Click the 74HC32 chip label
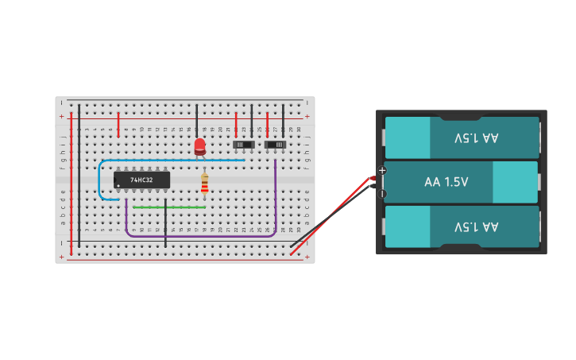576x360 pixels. pyautogui.click(x=141, y=180)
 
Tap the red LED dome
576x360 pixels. pyautogui.click(x=199, y=145)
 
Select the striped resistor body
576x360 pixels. pyautogui.click(x=204, y=185)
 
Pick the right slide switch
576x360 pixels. pyautogui.click(x=275, y=145)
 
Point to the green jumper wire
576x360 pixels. pyautogui.click(x=169, y=207)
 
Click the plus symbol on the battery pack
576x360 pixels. pyautogui.click(x=382, y=170)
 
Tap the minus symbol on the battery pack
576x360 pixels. pyautogui.click(x=382, y=193)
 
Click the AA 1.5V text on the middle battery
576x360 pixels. pyautogui.click(x=446, y=182)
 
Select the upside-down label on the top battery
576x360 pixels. pyautogui.click(x=477, y=137)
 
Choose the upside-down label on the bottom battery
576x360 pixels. pyautogui.click(x=477, y=226)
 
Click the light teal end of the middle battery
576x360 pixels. pyautogui.click(x=515, y=182)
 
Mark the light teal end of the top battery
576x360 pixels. pyautogui.click(x=408, y=137)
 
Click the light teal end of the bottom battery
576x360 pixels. pyautogui.click(x=408, y=226)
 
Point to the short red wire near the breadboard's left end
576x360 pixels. pyautogui.click(x=118, y=124)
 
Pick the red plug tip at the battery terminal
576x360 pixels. pyautogui.click(x=373, y=178)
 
